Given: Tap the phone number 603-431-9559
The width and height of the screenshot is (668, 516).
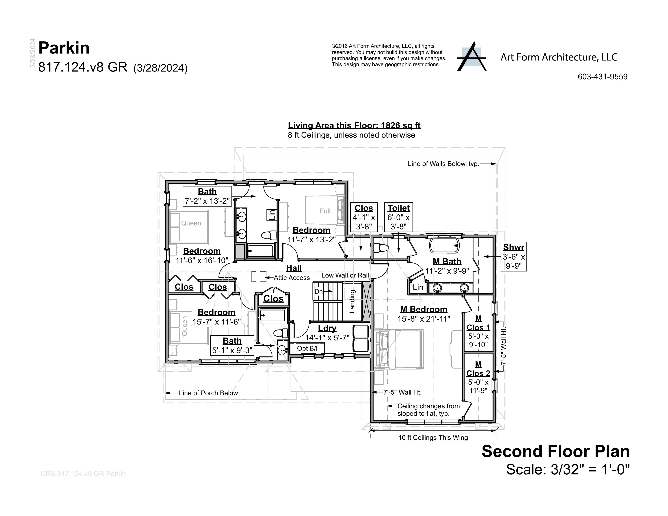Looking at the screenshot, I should pyautogui.click(x=602, y=77).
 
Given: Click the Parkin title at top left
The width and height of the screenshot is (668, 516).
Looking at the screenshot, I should pyautogui.click(x=64, y=48).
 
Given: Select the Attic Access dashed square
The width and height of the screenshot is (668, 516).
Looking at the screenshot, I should pyautogui.click(x=258, y=276).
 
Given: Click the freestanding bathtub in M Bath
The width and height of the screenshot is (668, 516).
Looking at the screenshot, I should pyautogui.click(x=444, y=245).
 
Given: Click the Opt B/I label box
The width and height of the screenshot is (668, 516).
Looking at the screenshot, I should pyautogui.click(x=307, y=348).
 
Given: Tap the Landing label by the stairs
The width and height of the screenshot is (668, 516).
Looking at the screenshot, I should pyautogui.click(x=352, y=301).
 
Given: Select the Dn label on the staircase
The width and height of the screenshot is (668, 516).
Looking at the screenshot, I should pyautogui.click(x=318, y=291).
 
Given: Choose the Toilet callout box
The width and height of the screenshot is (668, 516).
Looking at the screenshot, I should pyautogui.click(x=398, y=217).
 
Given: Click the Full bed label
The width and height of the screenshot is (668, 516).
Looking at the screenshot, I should pyautogui.click(x=325, y=211).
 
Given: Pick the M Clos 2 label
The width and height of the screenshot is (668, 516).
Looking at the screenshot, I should pyautogui.click(x=478, y=369).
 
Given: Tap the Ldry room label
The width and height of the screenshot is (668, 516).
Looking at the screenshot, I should pyautogui.click(x=327, y=328).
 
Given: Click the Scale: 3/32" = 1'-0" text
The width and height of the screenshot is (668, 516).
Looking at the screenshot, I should pyautogui.click(x=568, y=469).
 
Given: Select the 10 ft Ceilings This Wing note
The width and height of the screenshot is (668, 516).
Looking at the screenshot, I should pyautogui.click(x=433, y=437).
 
